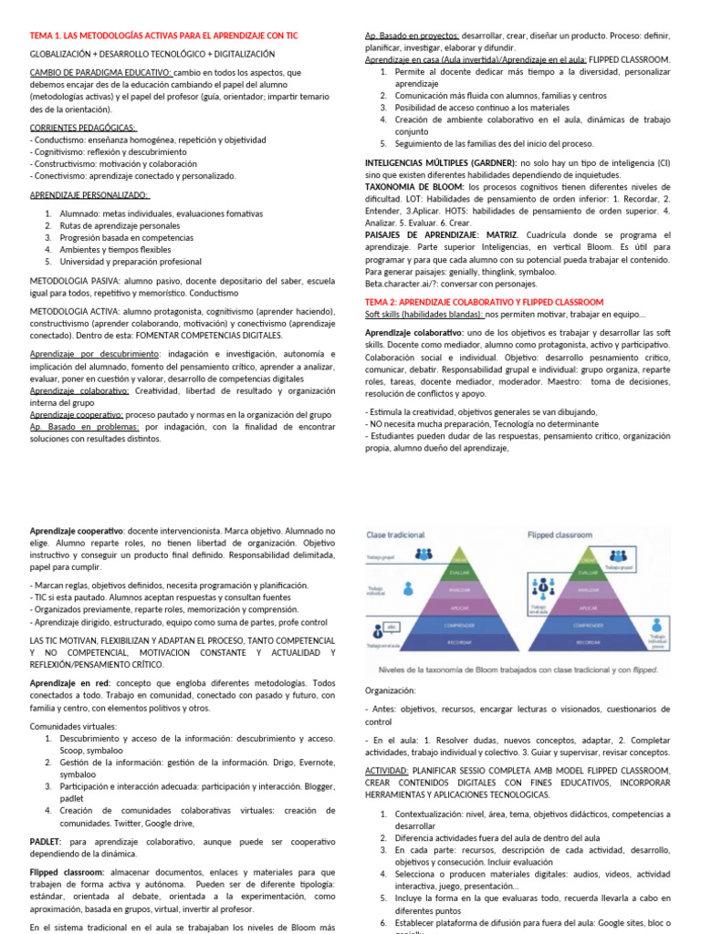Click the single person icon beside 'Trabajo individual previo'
pyautogui.click(x=655, y=628)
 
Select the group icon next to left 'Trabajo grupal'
pyautogui.click(x=424, y=554)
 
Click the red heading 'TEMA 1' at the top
pyautogui.click(x=164, y=36)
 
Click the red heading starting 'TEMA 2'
pyautogui.click(x=484, y=302)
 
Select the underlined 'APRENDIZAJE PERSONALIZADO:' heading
pyautogui.click(x=89, y=195)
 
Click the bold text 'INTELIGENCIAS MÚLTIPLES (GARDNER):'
pyautogui.click(x=441, y=161)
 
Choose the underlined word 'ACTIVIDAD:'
pyautogui.click(x=388, y=771)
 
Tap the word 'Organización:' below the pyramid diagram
pyautogui.click(x=390, y=690)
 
